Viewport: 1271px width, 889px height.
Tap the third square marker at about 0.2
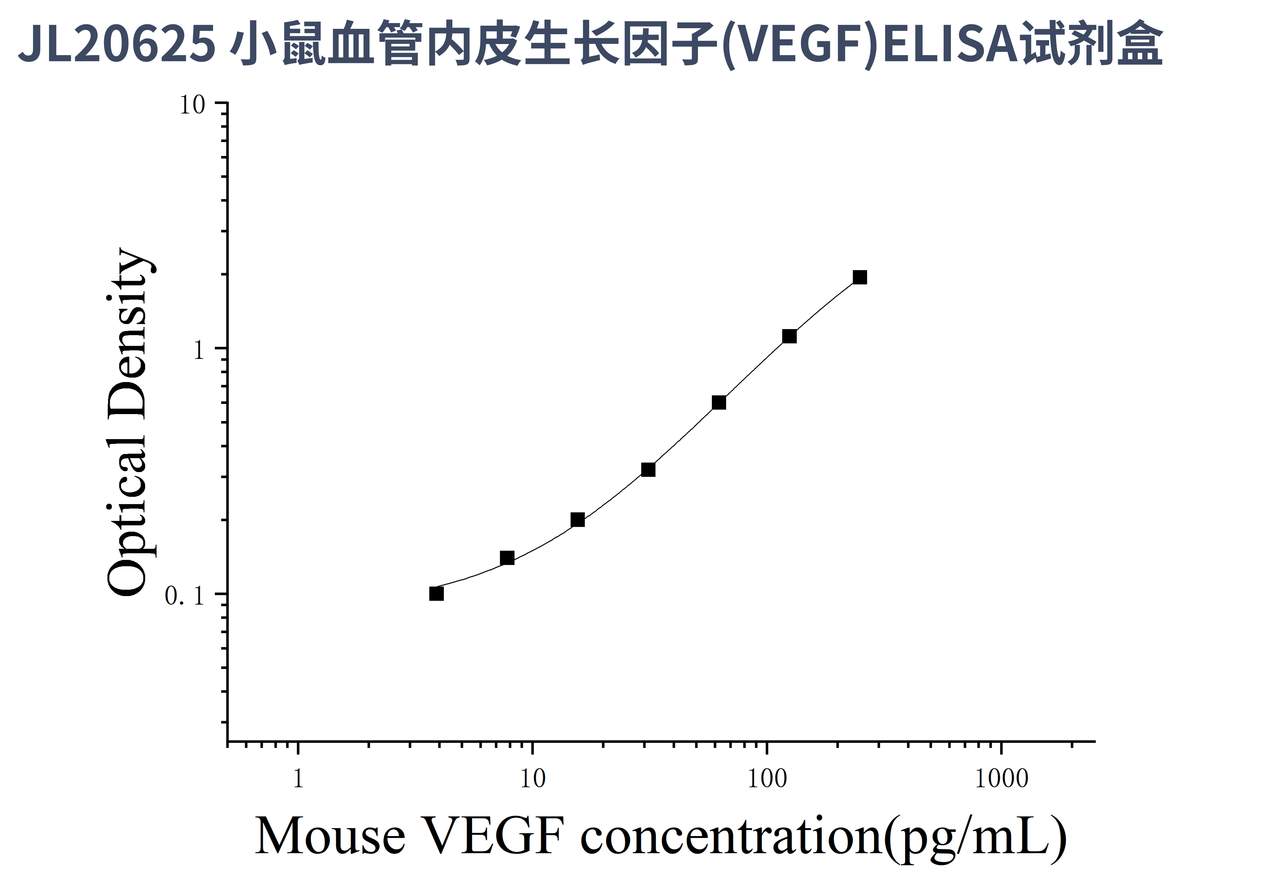tap(577, 520)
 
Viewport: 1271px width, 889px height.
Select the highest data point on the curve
tap(860, 277)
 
